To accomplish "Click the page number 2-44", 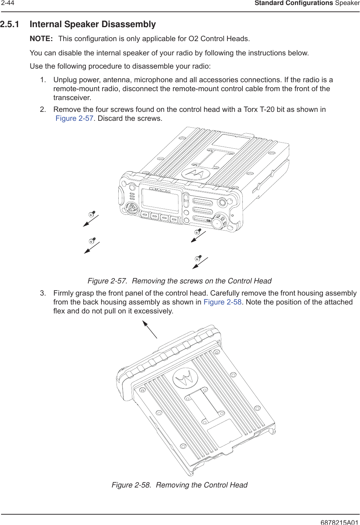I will (8, 3).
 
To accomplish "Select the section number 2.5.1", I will (10, 24).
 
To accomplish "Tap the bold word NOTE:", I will (41, 39).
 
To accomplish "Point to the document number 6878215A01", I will (339, 522).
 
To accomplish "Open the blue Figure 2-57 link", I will (74, 118).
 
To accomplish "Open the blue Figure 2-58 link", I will (222, 302).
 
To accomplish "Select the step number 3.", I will (43, 293).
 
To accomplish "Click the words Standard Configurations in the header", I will (294, 3).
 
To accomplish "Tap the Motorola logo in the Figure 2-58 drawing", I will (185, 378).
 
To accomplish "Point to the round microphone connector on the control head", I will (132, 208).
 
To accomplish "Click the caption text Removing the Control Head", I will (202, 485).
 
